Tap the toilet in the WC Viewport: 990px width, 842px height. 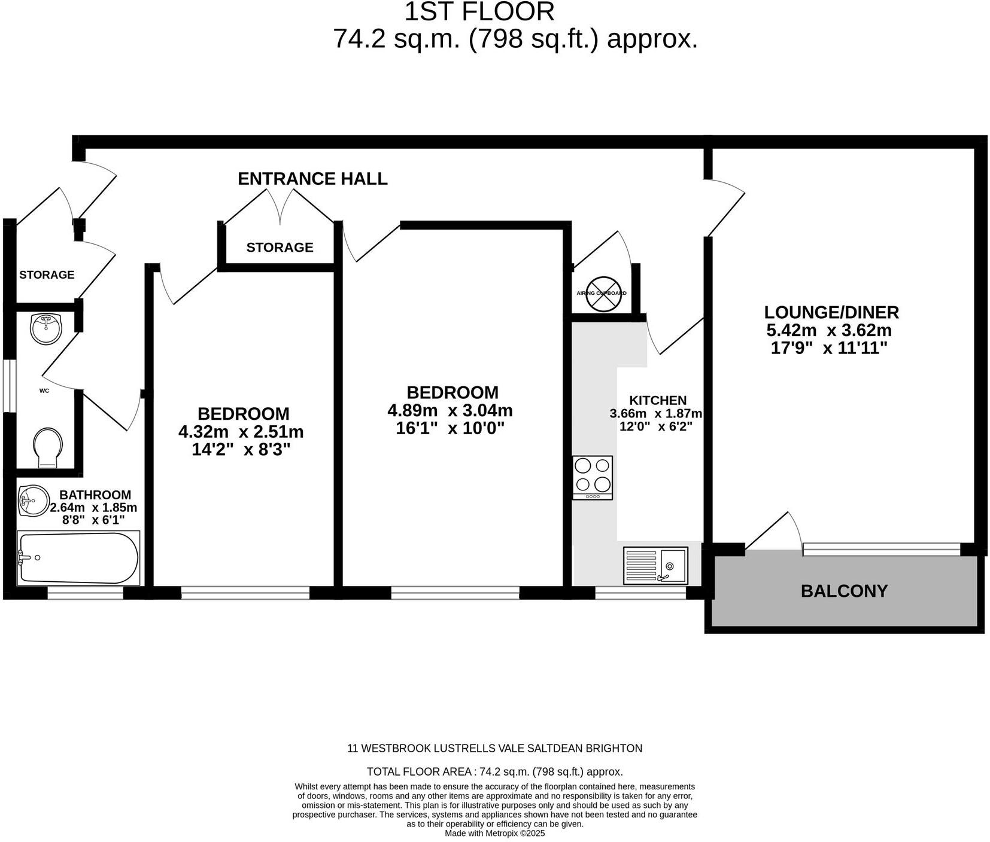(x=48, y=447)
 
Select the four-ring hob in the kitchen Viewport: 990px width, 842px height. (x=592, y=477)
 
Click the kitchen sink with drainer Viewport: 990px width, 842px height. (x=655, y=565)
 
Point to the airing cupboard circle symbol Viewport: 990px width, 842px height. (x=603, y=294)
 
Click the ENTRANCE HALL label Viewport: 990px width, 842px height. (x=312, y=179)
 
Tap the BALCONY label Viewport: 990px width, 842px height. (x=844, y=591)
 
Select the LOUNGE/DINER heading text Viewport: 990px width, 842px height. (x=831, y=312)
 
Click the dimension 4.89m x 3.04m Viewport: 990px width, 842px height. (x=450, y=411)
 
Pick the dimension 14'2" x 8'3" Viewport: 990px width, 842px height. (x=241, y=450)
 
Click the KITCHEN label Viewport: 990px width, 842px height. (x=658, y=401)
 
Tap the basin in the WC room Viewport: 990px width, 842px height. (x=46, y=328)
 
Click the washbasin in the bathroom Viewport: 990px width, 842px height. (x=34, y=501)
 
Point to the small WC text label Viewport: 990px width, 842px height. (x=44, y=391)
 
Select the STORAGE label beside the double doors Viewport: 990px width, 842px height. (x=280, y=247)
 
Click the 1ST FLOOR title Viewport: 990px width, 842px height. (x=479, y=12)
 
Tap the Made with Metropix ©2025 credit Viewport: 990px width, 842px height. (x=494, y=833)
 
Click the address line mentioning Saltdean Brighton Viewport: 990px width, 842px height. (x=494, y=748)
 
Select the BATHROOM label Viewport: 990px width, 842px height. (x=95, y=495)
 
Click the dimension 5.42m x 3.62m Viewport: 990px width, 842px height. (x=829, y=330)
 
